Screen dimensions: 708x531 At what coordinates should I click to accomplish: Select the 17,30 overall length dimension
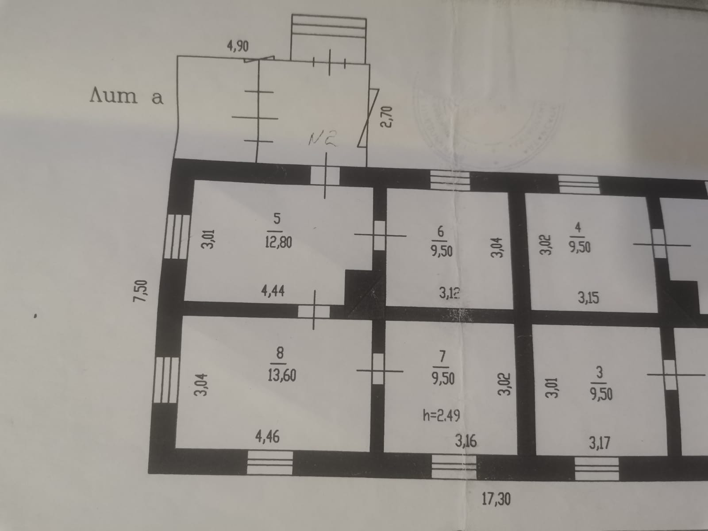pos(496,499)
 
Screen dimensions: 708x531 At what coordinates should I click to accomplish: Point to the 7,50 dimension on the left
pos(141,290)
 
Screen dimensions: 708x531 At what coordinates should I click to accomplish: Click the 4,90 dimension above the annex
pos(238,46)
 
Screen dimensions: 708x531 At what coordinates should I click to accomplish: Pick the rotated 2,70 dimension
pos(386,116)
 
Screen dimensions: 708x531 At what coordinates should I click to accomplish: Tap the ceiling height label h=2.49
pos(441,416)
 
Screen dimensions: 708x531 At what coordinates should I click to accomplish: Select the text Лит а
pos(126,96)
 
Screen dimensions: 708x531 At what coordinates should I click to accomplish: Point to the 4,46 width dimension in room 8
pos(267,437)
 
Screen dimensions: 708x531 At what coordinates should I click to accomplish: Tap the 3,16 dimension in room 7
pos(466,441)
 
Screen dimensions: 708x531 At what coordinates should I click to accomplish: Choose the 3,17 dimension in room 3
pos(599,442)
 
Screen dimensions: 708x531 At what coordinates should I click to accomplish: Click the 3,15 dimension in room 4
pos(588,298)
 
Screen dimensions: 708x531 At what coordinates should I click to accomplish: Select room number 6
pos(440,231)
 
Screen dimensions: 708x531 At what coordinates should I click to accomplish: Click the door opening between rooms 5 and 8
pos(313,311)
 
